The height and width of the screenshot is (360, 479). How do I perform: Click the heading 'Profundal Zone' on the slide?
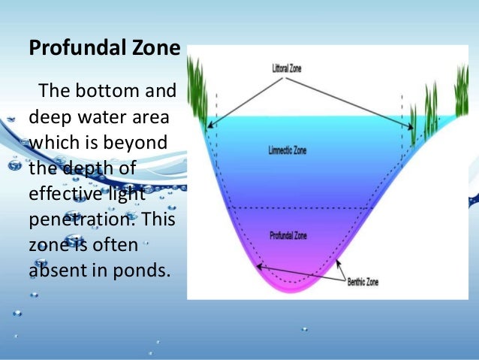(x=104, y=50)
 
